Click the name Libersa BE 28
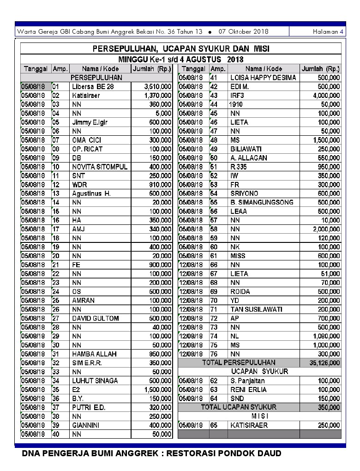pyautogui.click(x=93, y=86)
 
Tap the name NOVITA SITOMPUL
pyautogui.click(x=100, y=167)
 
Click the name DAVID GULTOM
pyautogui.click(x=96, y=318)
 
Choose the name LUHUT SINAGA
pyautogui.click(x=95, y=380)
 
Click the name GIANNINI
pyautogui.click(x=86, y=425)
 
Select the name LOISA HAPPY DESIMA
pyautogui.click(x=263, y=78)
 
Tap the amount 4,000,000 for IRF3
pyautogui.click(x=326, y=96)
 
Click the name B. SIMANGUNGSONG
pyautogui.click(x=262, y=202)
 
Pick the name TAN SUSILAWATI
pyautogui.click(x=256, y=309)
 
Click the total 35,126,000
pyautogui.click(x=325, y=363)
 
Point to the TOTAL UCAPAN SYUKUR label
pyautogui.click(x=239, y=407)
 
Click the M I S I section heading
pyautogui.click(x=260, y=416)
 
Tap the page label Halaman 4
pyautogui.click(x=328, y=32)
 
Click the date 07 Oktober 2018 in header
pyautogui.click(x=243, y=32)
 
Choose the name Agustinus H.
pyautogui.click(x=91, y=193)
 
